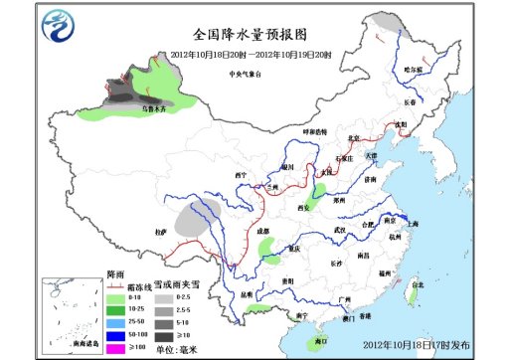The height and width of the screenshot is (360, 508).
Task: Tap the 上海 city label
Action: [413, 224]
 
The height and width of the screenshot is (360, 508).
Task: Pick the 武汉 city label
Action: [341, 230]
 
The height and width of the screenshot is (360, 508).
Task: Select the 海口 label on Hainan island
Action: [320, 340]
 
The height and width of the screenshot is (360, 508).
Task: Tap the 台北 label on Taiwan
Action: [411, 285]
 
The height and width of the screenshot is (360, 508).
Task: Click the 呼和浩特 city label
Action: [315, 131]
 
